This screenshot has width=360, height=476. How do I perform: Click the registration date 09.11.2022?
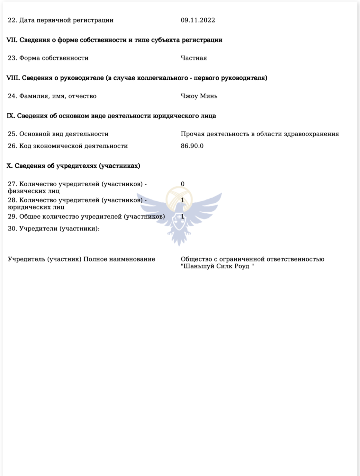coord(198,20)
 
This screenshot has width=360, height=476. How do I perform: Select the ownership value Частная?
coord(194,58)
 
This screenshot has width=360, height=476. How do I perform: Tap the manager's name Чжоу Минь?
coord(199,96)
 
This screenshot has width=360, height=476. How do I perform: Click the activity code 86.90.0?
coord(192,146)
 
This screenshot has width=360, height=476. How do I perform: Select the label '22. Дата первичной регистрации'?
coord(60,20)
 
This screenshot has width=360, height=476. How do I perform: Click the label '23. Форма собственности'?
coord(48,58)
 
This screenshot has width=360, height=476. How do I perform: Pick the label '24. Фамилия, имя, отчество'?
coord(52,96)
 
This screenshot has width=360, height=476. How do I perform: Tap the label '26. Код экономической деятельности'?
coord(68,146)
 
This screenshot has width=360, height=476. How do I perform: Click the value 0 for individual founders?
coord(183,184)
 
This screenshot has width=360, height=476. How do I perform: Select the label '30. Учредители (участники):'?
coord(54,229)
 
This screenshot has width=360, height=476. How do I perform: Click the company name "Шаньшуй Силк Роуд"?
coord(217,267)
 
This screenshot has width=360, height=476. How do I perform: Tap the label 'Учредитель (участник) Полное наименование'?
coord(81,259)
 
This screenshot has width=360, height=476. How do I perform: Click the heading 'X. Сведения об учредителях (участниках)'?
coord(73,166)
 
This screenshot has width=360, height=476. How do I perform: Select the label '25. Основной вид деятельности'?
coord(58,134)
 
